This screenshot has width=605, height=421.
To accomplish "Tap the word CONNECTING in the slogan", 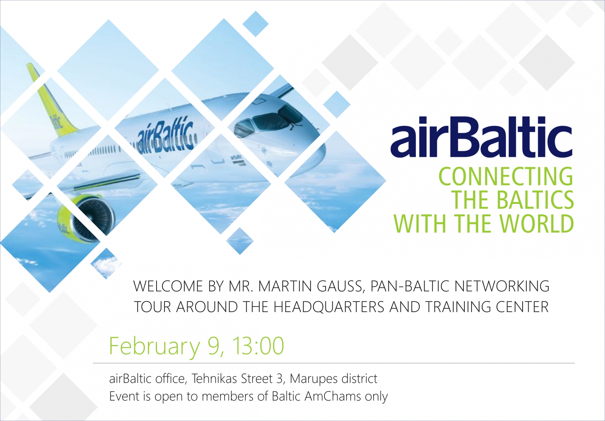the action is point(506,176).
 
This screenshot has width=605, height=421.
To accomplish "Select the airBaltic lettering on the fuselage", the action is point(165,135).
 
